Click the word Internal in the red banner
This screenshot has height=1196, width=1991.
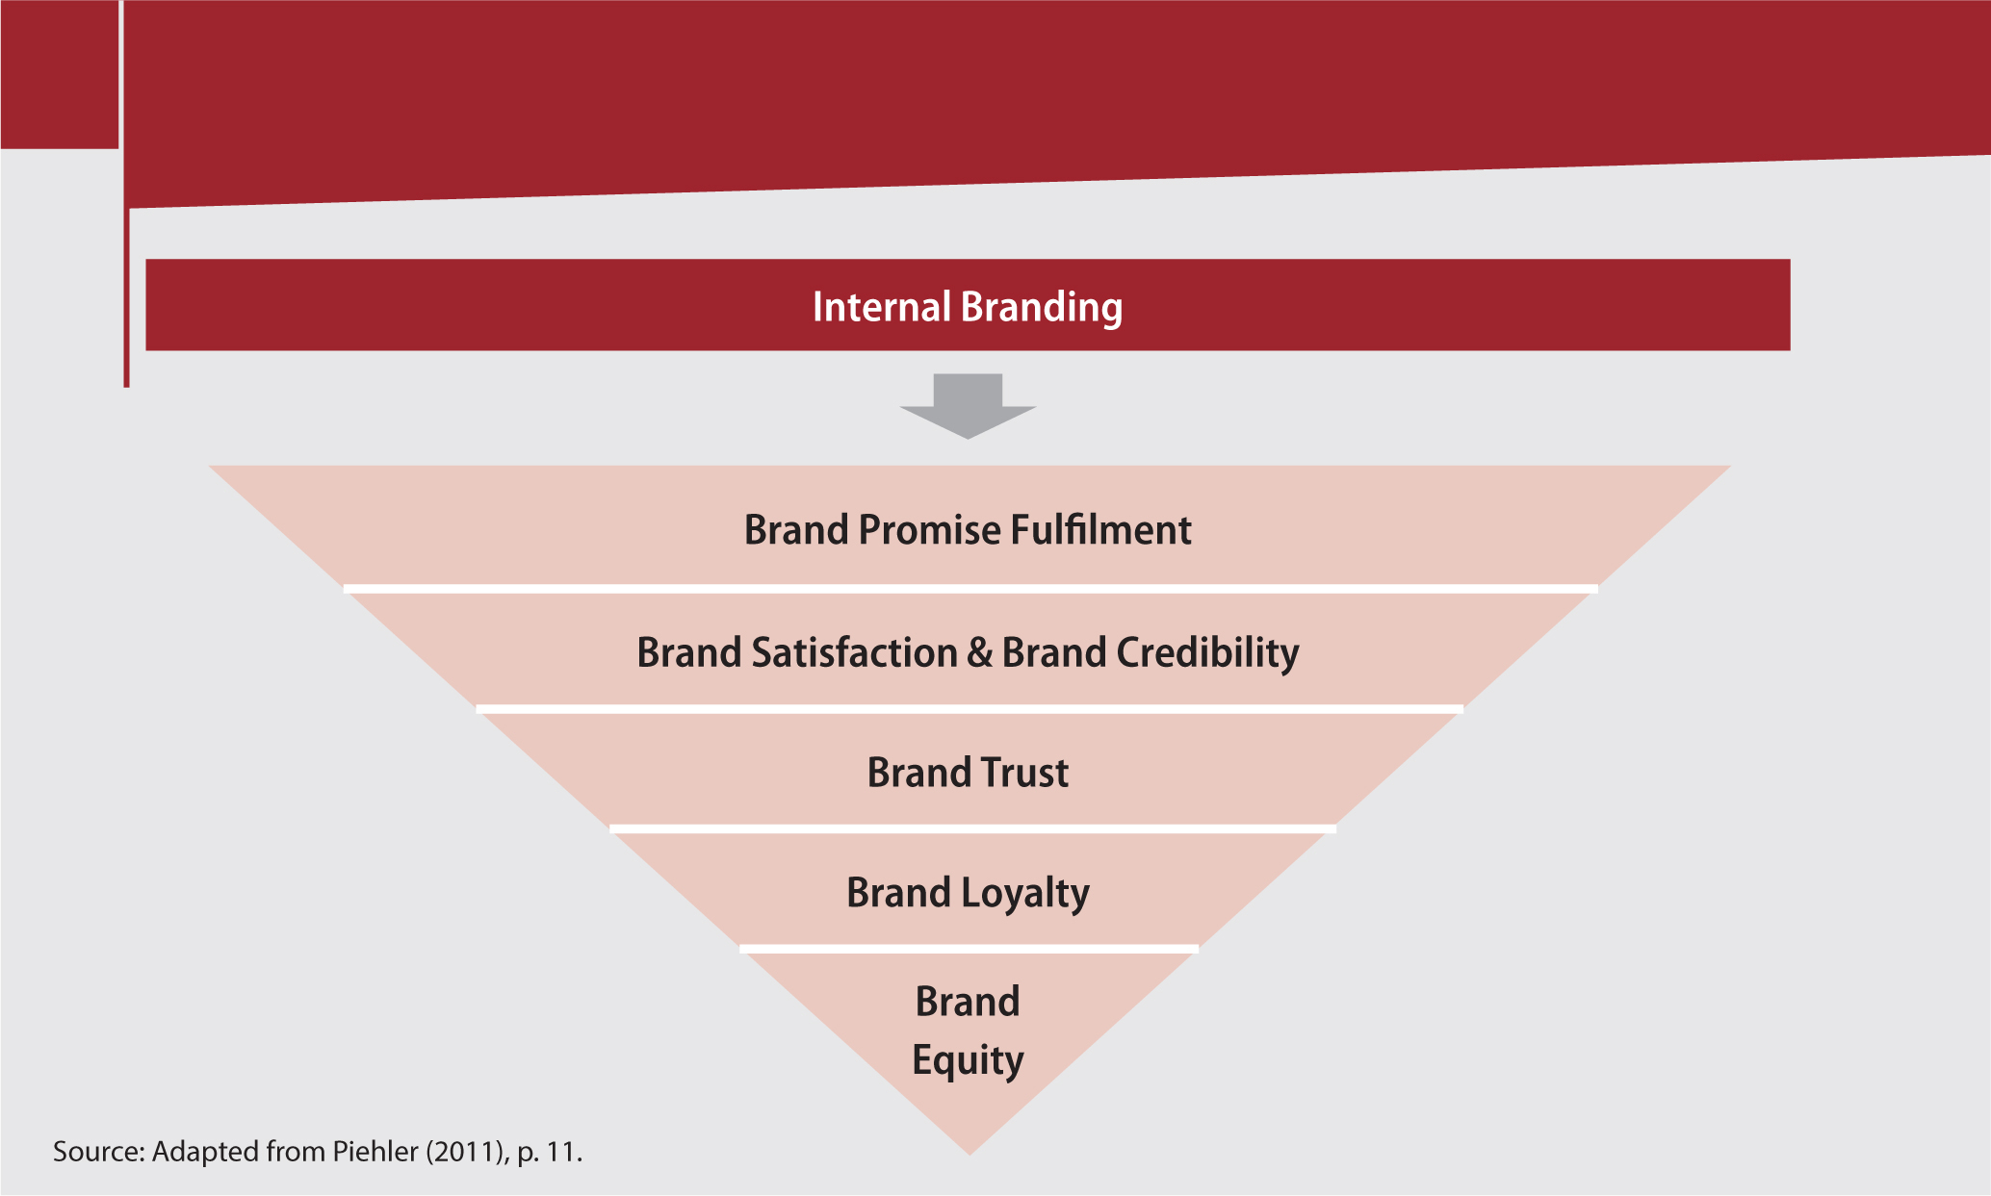click(882, 307)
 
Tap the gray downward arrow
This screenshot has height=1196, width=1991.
click(968, 405)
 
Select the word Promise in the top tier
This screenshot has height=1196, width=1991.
click(929, 530)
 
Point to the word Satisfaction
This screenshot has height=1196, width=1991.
click(854, 652)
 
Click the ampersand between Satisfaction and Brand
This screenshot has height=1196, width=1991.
click(979, 653)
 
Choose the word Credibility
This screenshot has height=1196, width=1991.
click(1207, 653)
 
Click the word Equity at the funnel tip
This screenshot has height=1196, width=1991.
click(968, 1060)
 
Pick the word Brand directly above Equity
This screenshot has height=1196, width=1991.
click(968, 1002)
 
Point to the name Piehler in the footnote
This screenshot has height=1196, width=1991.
click(375, 1152)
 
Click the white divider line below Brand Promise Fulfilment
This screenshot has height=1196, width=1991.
click(970, 588)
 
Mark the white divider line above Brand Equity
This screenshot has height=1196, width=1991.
click(969, 949)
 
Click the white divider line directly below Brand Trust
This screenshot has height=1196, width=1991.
click(972, 828)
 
